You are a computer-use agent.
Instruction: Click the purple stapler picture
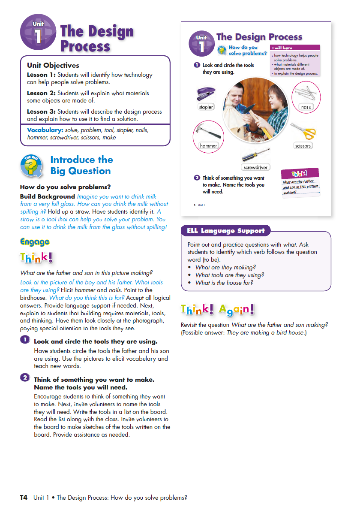click(206, 94)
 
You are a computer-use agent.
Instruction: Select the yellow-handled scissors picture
click(303, 131)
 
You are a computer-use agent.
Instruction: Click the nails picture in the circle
click(306, 93)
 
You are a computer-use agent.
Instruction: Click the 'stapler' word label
click(206, 107)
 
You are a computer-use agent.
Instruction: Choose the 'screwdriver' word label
click(255, 167)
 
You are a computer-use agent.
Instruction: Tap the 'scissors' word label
click(303, 146)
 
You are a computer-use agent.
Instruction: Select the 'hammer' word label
click(209, 146)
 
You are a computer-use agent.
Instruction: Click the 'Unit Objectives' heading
click(53, 66)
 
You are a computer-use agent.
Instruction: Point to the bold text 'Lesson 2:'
click(41, 93)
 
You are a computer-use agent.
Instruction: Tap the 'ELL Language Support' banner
click(226, 231)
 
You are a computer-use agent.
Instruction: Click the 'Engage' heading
click(35, 242)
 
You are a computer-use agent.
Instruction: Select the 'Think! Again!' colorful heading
click(218, 309)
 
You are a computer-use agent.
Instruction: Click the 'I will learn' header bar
click(295, 48)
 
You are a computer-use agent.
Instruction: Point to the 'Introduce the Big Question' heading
click(81, 166)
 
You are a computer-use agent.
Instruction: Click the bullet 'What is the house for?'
click(224, 283)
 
